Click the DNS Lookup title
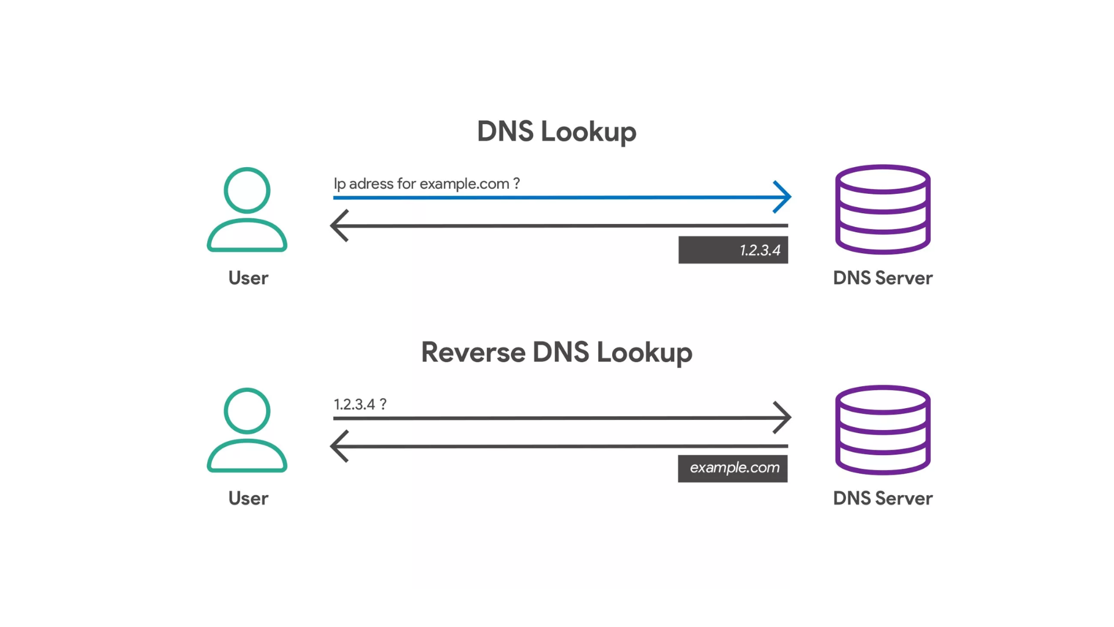click(x=556, y=132)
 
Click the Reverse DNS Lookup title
click(x=556, y=352)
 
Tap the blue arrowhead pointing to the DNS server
click(x=783, y=197)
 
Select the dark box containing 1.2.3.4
click(x=733, y=250)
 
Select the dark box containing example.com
click(x=733, y=468)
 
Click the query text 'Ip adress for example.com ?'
click(x=426, y=184)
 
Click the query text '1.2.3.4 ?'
click(x=360, y=404)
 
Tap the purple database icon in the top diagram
click(x=882, y=210)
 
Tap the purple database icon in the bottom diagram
click(x=882, y=430)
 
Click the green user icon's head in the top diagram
click(x=247, y=190)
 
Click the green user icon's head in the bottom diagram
click(x=247, y=411)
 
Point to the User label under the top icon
click(x=248, y=278)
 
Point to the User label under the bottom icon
click(x=248, y=499)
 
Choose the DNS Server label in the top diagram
click(x=882, y=278)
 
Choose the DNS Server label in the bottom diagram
click(x=882, y=499)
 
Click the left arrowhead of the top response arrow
click(x=339, y=225)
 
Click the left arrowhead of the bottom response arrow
click(x=339, y=446)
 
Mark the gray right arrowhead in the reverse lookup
click(x=783, y=417)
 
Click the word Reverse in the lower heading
click(x=473, y=352)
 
